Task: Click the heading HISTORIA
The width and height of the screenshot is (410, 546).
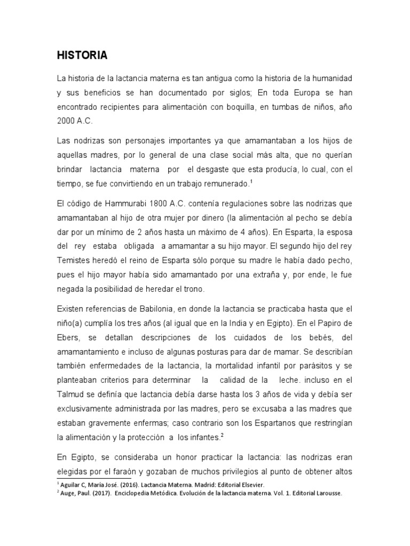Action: coord(83,55)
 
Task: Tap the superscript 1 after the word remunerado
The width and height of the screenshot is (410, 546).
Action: coord(251,181)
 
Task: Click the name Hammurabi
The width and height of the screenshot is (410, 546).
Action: coord(120,204)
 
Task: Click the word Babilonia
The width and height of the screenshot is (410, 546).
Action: coord(153,309)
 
